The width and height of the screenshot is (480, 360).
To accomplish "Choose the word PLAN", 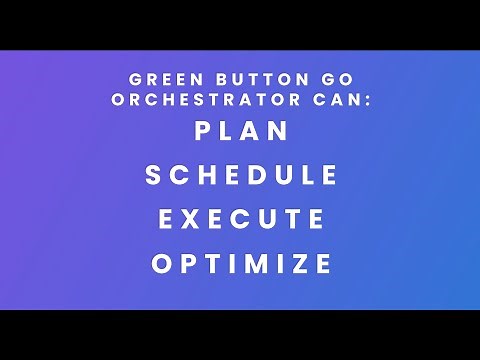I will (240, 131).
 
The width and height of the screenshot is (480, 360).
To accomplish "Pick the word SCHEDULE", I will (241, 175).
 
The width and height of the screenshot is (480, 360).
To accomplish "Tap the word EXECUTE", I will (241, 219).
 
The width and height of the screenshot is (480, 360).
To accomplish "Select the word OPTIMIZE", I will (241, 264).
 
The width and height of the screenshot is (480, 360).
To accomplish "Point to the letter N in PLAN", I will (279, 131).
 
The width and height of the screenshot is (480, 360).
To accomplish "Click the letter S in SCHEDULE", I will (154, 175).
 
